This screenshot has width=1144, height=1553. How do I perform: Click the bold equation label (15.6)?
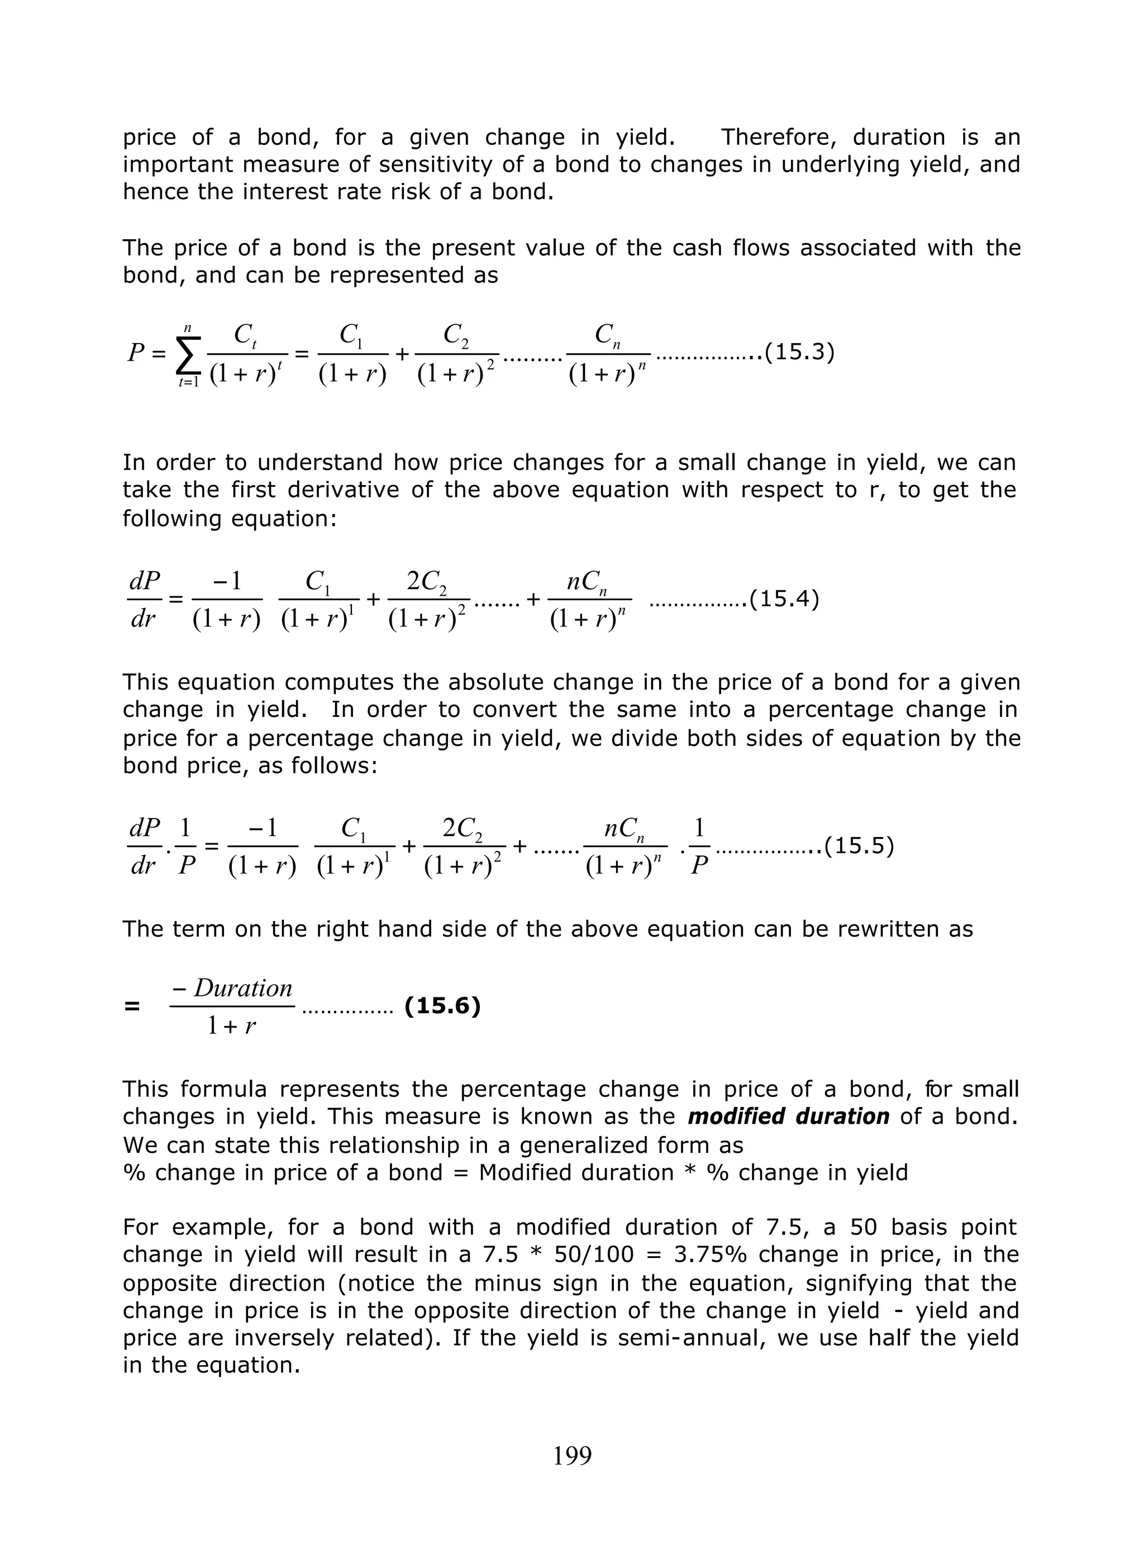[x=442, y=1006]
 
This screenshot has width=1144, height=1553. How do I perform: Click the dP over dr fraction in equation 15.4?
[x=144, y=599]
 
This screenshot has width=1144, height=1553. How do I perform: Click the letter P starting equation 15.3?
[x=136, y=353]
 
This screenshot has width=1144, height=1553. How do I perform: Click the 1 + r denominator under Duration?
[x=231, y=1026]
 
